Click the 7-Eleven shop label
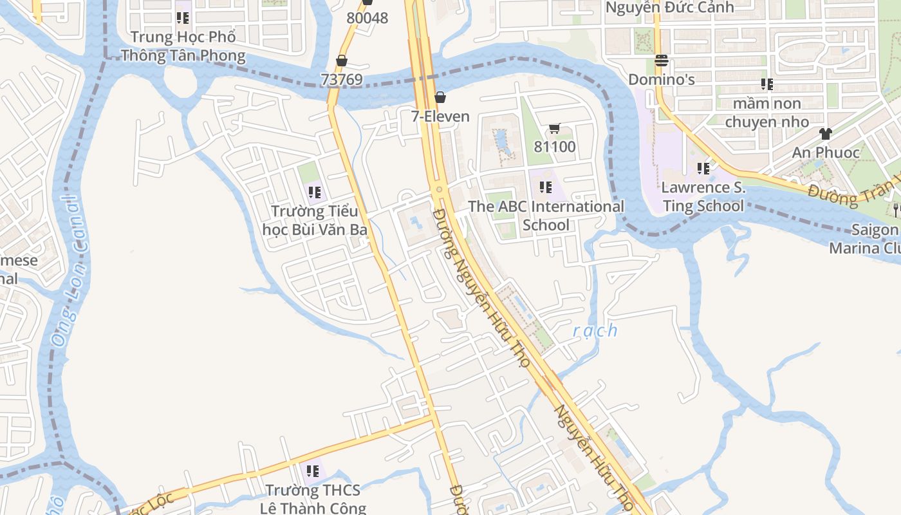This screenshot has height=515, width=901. (x=440, y=117)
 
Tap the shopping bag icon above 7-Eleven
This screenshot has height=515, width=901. (x=440, y=97)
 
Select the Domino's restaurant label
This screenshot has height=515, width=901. (x=662, y=79)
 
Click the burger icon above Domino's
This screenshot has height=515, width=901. (x=662, y=61)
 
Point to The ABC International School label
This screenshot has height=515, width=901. (x=546, y=216)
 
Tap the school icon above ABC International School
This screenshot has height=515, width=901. (x=546, y=187)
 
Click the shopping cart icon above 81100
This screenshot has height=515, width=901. (x=555, y=129)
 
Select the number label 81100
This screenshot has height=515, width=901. (x=555, y=147)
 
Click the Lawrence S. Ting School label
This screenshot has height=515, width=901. (x=703, y=197)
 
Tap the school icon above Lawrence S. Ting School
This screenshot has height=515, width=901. (x=703, y=169)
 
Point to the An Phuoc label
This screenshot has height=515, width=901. (x=826, y=153)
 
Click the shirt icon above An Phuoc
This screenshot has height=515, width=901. (x=826, y=134)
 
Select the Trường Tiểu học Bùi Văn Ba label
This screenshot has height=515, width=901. (x=315, y=220)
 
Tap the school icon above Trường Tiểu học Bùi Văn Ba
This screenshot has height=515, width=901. (x=315, y=192)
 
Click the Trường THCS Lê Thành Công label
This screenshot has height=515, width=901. (x=313, y=499)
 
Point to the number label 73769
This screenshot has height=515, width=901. (x=342, y=80)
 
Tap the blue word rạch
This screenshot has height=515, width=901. (x=595, y=331)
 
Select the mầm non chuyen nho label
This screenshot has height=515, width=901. (x=767, y=113)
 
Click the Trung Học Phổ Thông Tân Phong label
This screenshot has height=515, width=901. (x=183, y=46)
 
